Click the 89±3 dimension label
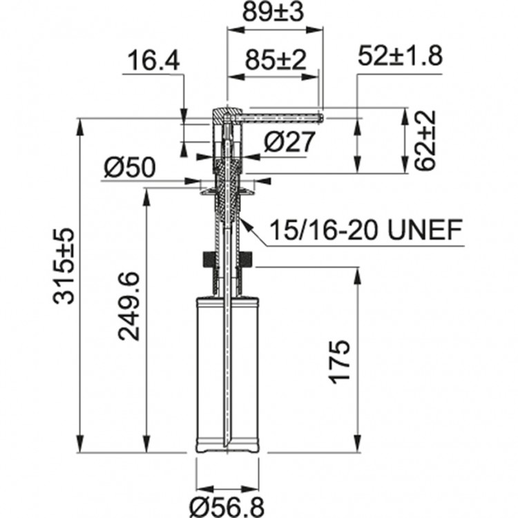[275, 13]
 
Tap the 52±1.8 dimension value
[400, 58]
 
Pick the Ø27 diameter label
[289, 143]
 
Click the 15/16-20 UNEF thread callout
[365, 229]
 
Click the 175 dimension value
[342, 361]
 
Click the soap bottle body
[227, 373]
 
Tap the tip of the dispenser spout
[321, 117]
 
